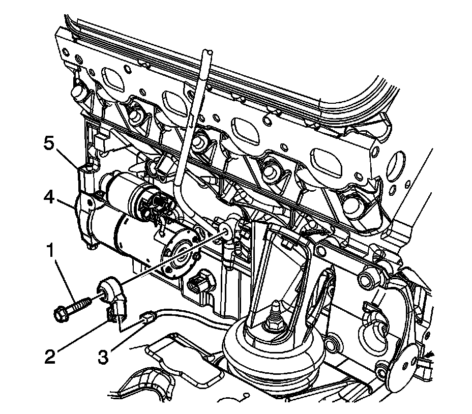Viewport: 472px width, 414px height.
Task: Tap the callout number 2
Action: pos(49,356)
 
